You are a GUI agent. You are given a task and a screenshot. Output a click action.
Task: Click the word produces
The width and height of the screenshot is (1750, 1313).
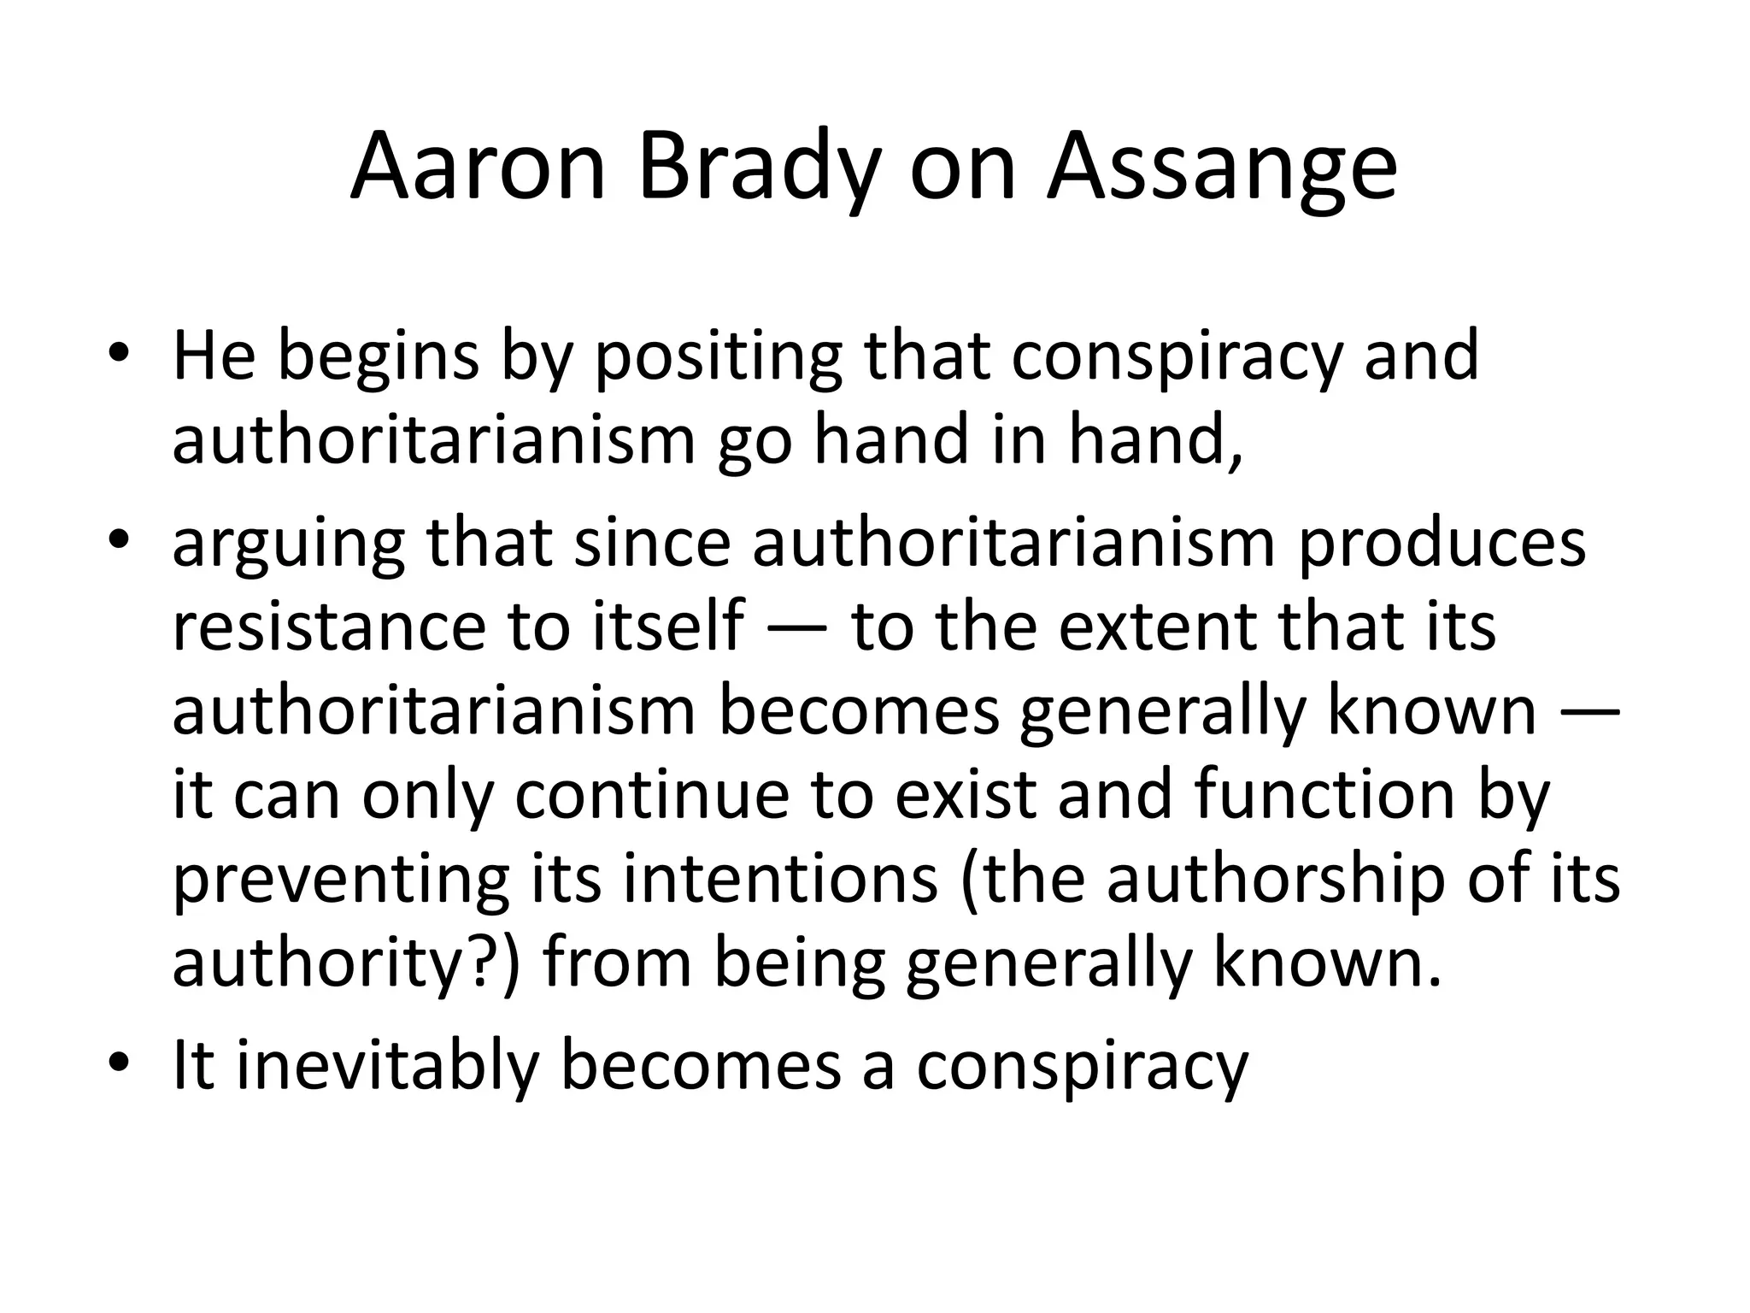pos(1442,545)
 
